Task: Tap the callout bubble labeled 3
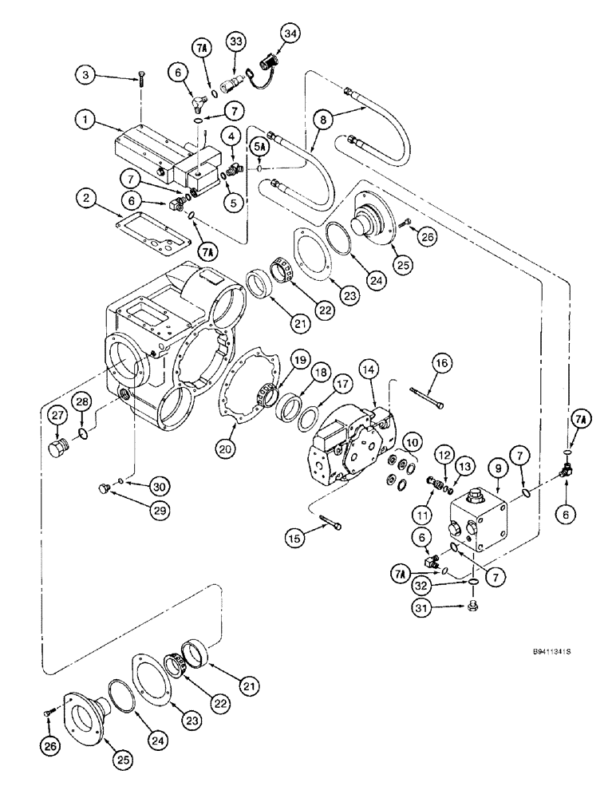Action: click(88, 76)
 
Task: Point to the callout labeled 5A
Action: click(260, 147)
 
